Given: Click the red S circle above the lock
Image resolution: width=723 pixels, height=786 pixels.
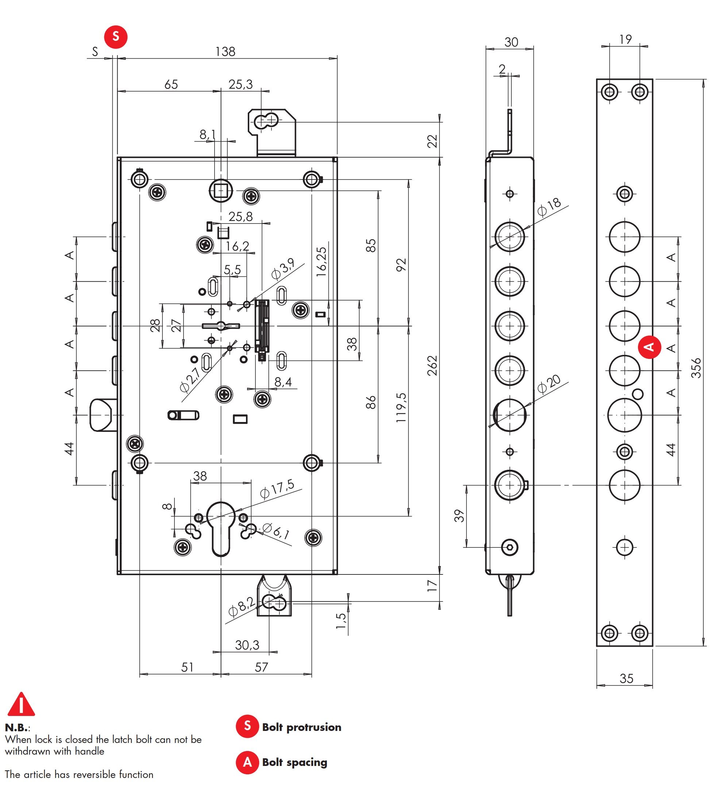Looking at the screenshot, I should tap(115, 37).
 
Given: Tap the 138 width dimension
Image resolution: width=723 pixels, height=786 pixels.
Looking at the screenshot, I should tap(225, 52).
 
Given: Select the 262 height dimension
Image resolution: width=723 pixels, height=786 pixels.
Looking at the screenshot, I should tap(432, 365).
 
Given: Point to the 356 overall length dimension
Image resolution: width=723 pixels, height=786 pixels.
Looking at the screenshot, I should tap(696, 368).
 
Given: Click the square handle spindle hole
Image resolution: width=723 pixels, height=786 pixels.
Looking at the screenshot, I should tap(221, 191).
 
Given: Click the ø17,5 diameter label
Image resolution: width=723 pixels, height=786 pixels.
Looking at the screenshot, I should tap(277, 489).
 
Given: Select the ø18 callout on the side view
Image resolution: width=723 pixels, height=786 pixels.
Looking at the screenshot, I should tap(549, 207).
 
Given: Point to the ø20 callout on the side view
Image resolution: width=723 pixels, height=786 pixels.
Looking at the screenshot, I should tap(549, 384).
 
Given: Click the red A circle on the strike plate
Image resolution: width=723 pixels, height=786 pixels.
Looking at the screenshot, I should tap(649, 347).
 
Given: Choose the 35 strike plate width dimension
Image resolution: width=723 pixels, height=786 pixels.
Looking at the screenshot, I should tap(626, 678).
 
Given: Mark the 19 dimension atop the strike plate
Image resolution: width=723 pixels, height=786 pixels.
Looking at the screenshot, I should tap(626, 39).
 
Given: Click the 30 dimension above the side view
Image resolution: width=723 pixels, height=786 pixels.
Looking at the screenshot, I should tap(511, 42).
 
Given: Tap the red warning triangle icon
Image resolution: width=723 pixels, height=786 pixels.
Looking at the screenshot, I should tap(21, 705).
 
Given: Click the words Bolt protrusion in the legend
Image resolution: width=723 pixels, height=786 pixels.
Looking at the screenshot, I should tap(301, 727).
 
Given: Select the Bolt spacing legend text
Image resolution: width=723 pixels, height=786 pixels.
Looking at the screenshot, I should tap(295, 762).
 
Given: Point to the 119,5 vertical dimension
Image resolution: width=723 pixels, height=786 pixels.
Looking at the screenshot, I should tap(401, 407).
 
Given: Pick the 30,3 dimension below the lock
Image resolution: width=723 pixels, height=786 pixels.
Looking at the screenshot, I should tap(247, 645).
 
